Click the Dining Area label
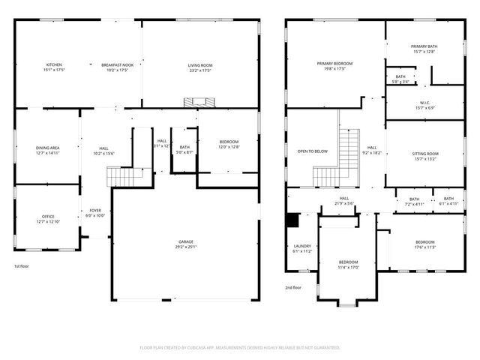48,151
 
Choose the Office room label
46,218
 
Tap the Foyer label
96,212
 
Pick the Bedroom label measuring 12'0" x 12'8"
229,145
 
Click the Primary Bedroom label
334,66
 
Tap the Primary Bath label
423,49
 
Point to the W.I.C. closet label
424,105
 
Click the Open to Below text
313,151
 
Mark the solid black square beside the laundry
292,220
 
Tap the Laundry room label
302,247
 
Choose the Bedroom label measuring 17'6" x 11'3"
424,244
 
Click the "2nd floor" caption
292,287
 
